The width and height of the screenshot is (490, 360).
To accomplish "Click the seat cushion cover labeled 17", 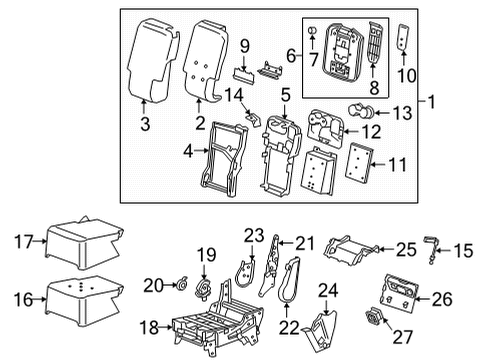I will (85, 239).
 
